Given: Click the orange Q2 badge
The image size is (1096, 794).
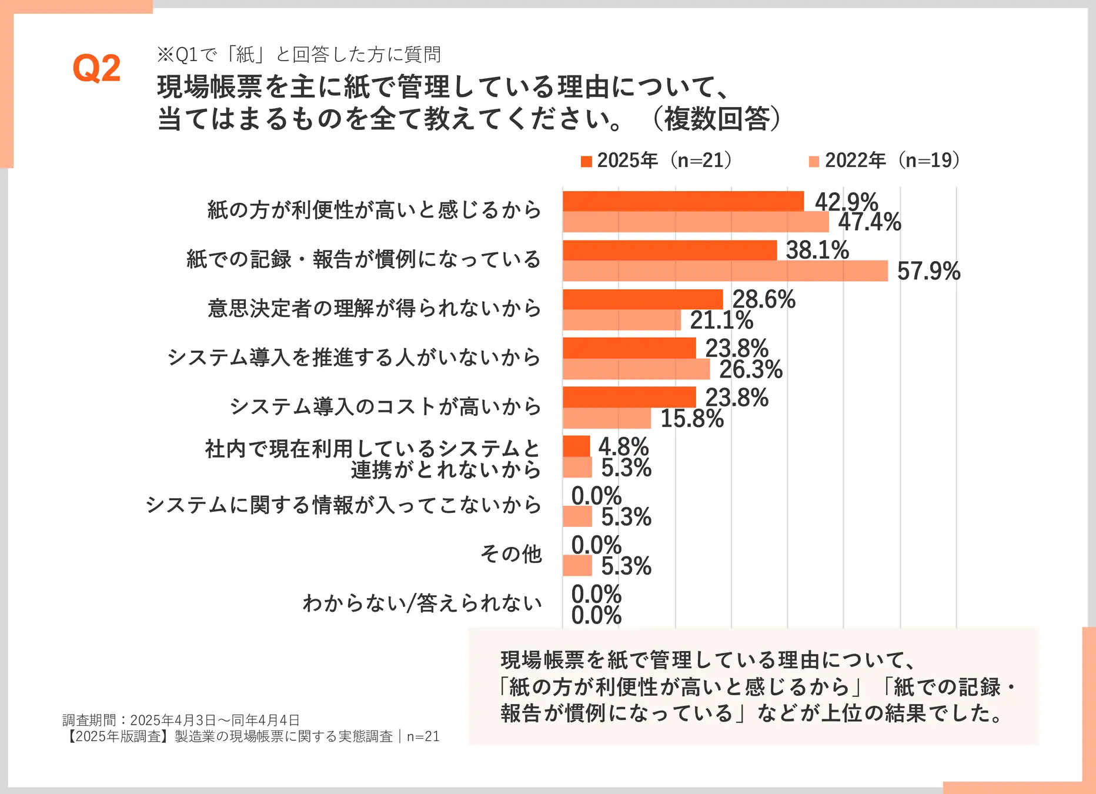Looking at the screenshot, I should (96, 68).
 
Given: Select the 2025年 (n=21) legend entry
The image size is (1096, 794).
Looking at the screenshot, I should (656, 160).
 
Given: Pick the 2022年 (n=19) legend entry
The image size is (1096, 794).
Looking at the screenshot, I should (884, 160).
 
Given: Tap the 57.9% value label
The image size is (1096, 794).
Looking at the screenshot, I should (928, 271).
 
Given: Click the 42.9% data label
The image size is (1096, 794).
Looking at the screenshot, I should (846, 202).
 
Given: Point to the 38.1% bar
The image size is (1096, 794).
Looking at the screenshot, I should (669, 250).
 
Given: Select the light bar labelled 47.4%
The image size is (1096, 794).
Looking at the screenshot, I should (695, 222).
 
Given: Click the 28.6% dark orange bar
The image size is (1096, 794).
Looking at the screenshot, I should (642, 299).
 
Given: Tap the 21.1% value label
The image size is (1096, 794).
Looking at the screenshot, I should (721, 321).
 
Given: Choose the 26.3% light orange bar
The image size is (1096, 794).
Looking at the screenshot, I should (636, 369).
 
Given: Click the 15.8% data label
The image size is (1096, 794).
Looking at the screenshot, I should (692, 419).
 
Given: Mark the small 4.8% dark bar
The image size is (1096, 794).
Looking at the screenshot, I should (576, 446).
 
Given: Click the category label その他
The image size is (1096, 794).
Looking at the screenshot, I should (511, 553).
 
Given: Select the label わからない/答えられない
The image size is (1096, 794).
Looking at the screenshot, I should (422, 603).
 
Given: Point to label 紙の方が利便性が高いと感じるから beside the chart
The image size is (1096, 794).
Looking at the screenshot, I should (374, 210).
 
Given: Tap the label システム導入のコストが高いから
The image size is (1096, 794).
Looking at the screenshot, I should (385, 406).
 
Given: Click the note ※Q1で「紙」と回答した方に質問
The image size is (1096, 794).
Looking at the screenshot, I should (299, 55).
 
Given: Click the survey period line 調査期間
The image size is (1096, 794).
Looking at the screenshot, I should (181, 720).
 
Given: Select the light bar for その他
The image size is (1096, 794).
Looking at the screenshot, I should (577, 566).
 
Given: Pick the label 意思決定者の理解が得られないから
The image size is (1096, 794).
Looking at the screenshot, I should (374, 308).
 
